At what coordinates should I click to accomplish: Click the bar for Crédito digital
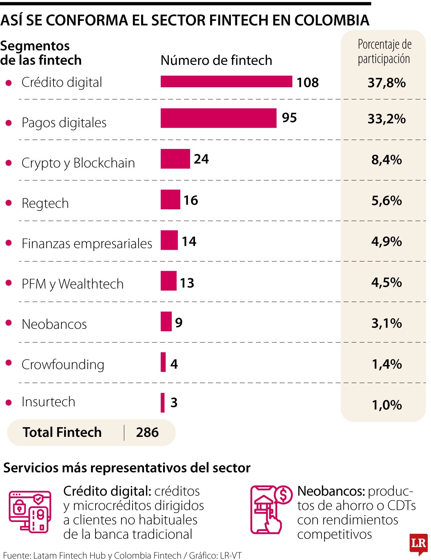coord(226,81)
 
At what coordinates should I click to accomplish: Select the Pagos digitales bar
coord(218,118)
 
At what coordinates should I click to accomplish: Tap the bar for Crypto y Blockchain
coord(175,159)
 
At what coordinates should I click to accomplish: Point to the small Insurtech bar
coord(163,402)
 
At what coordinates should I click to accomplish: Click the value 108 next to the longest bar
coord(307,83)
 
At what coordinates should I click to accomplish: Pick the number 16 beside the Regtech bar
coord(191,200)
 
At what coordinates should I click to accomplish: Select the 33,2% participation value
coord(386,119)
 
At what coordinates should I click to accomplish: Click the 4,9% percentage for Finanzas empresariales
coord(386,242)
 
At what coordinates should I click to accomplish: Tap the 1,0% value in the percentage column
coord(386,405)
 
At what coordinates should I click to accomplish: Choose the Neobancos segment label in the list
coord(54,324)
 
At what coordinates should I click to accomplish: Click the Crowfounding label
coord(63,365)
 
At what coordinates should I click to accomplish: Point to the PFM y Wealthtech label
coord(73,284)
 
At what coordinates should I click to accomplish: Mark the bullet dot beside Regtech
coord(9,203)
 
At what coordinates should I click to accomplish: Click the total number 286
coord(147,433)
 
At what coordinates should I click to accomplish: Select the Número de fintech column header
coord(216,60)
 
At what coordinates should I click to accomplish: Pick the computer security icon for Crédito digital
coord(30,512)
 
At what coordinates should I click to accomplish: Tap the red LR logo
coord(418,544)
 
